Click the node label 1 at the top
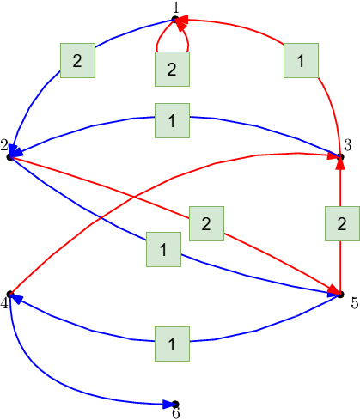point(176,8)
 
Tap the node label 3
point(347,145)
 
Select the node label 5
point(355,303)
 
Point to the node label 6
point(176,413)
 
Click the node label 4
point(4,303)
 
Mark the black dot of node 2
point(10,157)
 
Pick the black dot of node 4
point(10,294)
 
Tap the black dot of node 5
point(340,294)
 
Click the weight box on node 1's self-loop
point(172,69)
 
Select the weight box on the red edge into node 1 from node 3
point(301,60)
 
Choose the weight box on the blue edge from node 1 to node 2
point(77,60)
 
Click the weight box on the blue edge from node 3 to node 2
point(172,120)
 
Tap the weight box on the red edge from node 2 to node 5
point(206,223)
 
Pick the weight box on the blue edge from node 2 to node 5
point(163,249)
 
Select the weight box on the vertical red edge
point(342,223)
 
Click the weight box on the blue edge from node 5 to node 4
point(172,344)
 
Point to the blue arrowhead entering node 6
point(168,405)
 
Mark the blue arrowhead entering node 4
point(16,299)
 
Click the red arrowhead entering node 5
point(334,289)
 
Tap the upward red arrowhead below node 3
point(340,163)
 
